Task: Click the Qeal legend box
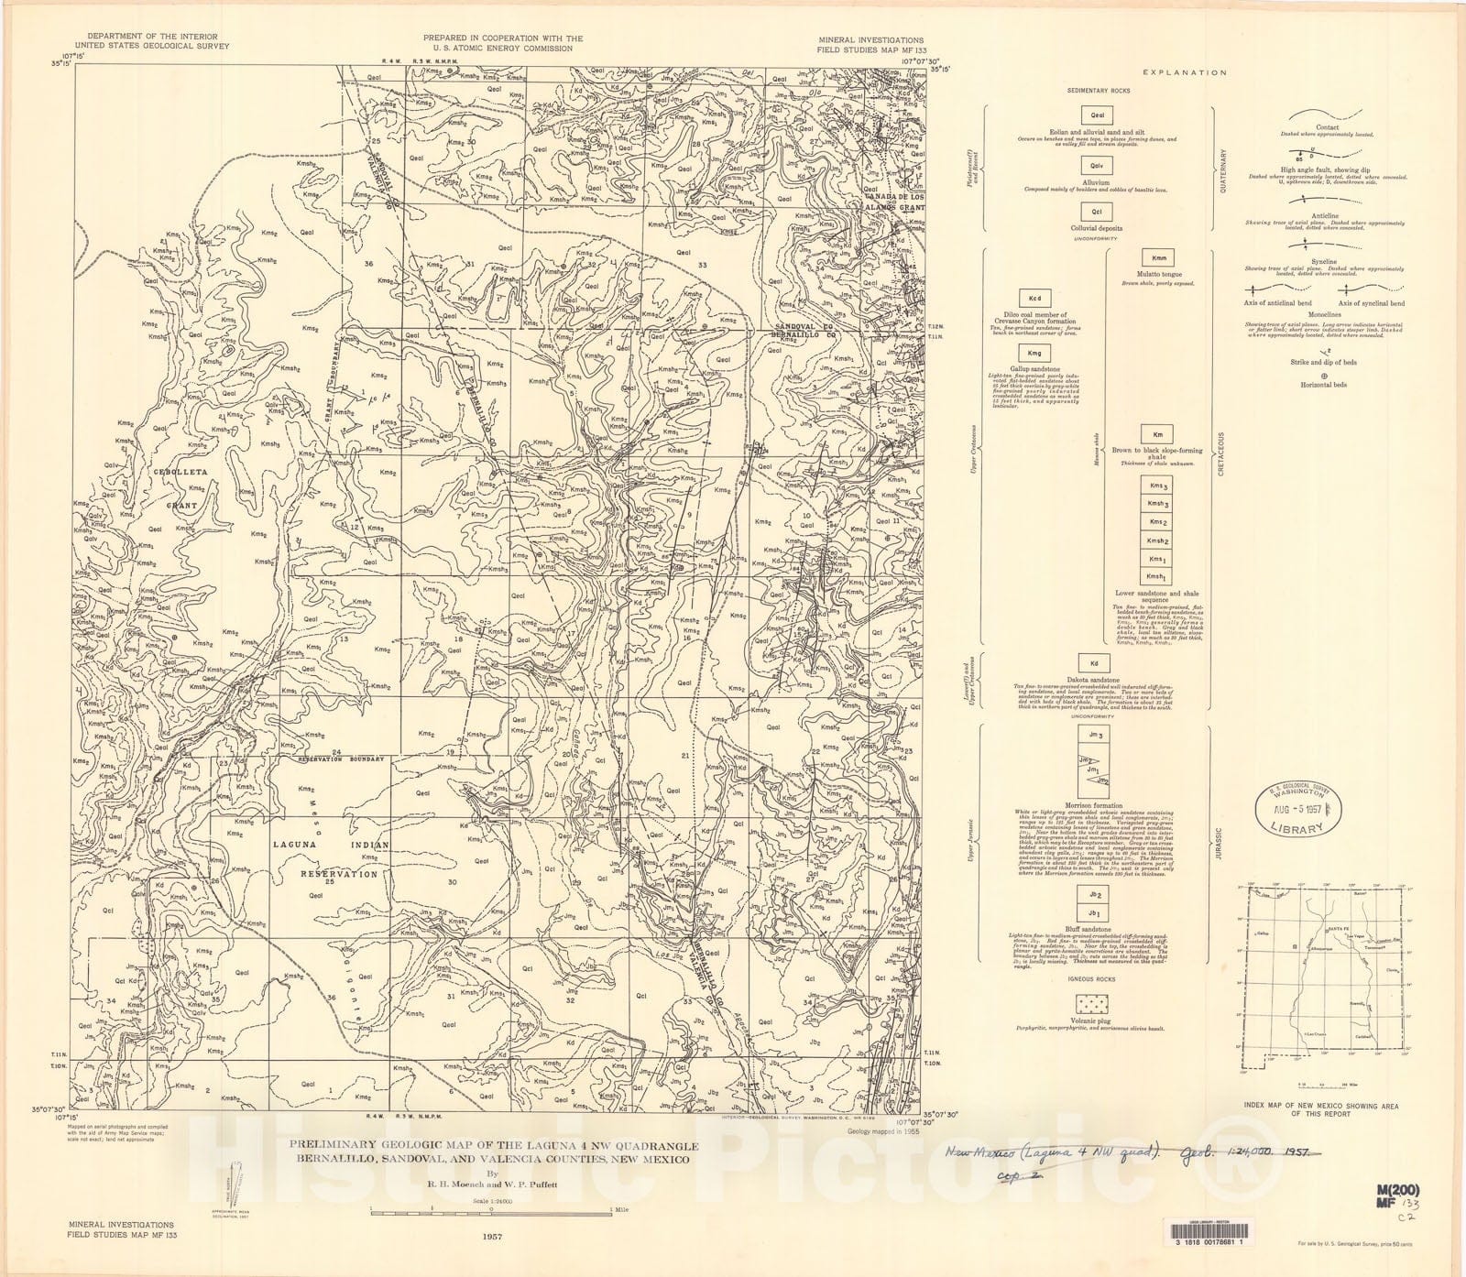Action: tap(1096, 116)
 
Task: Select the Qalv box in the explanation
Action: tap(1096, 166)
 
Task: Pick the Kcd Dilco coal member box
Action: tap(1034, 299)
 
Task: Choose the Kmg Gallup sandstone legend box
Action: tap(1034, 353)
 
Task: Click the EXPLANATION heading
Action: tap(1183, 72)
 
